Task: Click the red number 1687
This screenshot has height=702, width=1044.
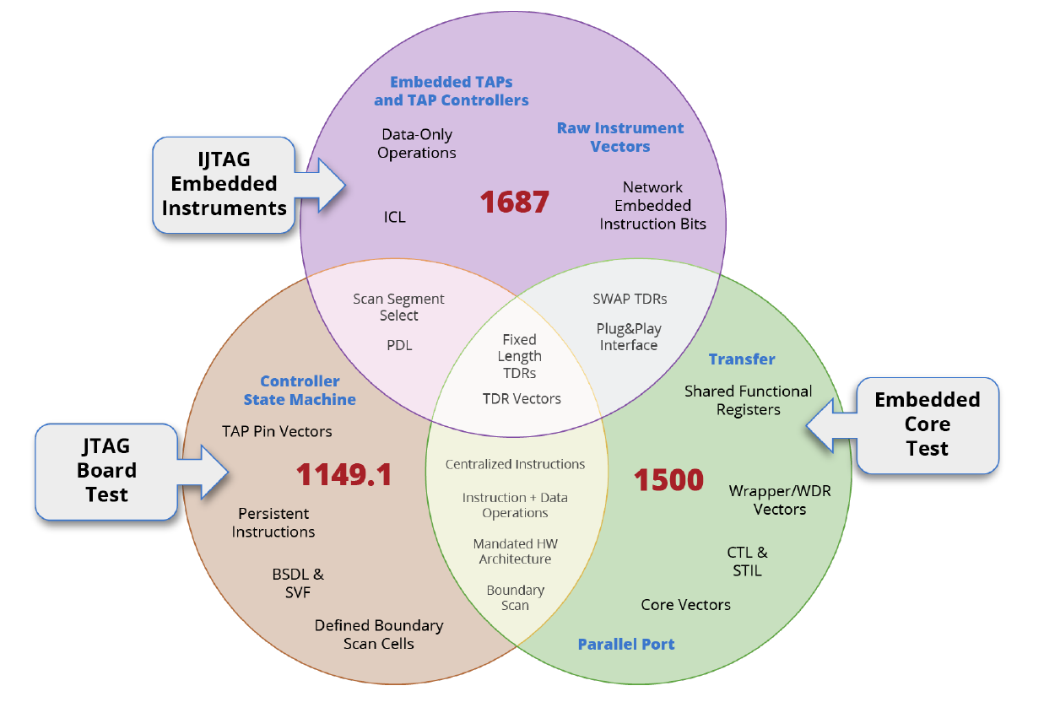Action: pos(515,202)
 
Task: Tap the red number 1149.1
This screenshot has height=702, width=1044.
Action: pos(343,475)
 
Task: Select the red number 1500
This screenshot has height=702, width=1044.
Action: pos(668,479)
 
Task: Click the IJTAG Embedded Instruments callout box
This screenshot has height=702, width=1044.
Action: pos(224,184)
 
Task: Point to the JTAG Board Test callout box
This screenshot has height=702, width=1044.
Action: pos(106,470)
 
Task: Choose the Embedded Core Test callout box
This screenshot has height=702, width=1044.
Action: pos(927,424)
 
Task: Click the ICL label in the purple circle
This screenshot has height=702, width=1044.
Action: pos(394,217)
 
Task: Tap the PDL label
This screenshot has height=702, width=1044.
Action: pos(399,345)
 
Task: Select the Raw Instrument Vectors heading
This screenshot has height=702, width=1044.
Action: pos(620,138)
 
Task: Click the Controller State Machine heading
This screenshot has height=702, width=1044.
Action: pos(300,391)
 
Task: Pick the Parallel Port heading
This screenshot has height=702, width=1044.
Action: pos(626,645)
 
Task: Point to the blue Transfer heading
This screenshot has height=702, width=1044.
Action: pos(742,359)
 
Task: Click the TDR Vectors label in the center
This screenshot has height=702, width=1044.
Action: pos(522,398)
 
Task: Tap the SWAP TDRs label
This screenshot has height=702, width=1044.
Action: pos(630,298)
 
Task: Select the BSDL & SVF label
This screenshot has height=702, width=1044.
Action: pos(298,583)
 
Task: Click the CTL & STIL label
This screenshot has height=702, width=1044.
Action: pos(748,561)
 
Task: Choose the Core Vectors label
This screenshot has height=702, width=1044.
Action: pos(685,604)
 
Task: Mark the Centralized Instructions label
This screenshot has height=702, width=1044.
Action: pos(515,464)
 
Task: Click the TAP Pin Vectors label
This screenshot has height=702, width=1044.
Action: pos(277,431)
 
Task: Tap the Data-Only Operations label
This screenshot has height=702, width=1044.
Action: pos(417,143)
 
